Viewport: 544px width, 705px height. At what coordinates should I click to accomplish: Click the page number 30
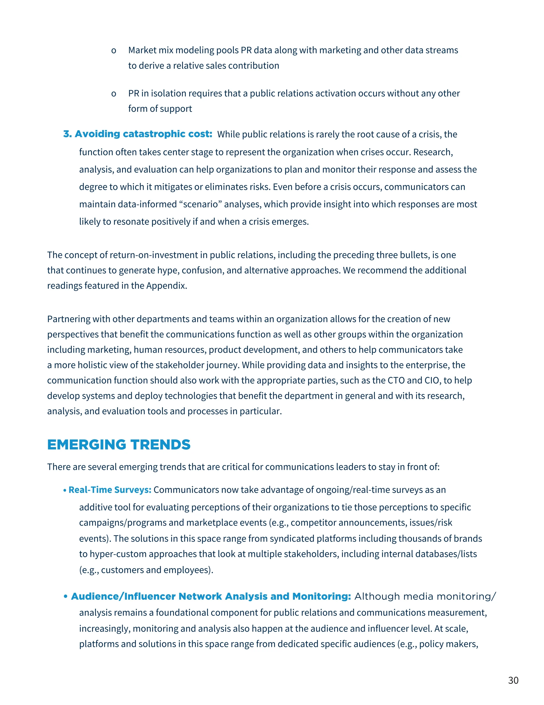pos(513,680)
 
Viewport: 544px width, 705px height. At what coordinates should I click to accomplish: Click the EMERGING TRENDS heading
pos(119,444)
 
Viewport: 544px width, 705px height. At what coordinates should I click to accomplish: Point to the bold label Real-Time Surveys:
pos(110,490)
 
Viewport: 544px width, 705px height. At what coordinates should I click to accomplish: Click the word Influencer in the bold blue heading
pos(150,596)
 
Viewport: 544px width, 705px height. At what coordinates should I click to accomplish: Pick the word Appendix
pos(166,286)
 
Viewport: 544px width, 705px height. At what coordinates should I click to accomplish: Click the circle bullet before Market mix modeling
pos(114,51)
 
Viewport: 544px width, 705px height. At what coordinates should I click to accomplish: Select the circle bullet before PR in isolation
pos(114,94)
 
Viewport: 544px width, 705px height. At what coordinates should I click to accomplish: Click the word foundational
pos(183,612)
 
